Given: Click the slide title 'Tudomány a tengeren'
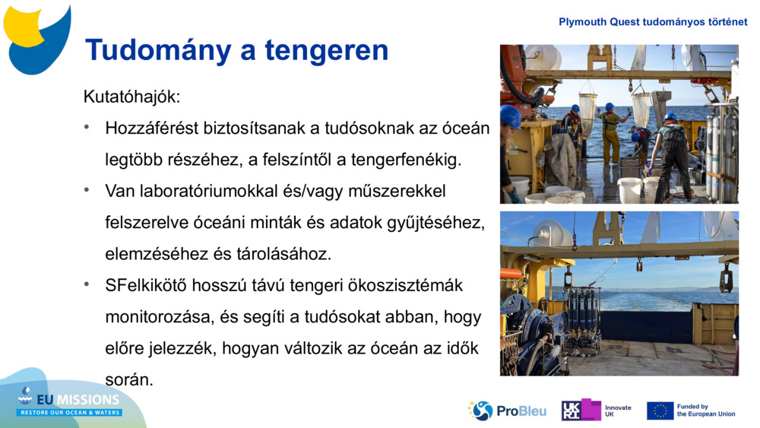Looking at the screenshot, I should pos(236,50).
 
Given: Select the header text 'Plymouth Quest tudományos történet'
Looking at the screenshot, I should pos(653,22).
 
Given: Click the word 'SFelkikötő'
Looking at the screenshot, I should pos(150,285).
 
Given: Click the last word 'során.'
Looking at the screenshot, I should pos(129,379).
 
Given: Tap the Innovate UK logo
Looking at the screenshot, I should pos(596,411).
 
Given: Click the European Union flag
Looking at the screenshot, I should pos(660,411).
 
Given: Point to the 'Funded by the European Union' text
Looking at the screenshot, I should pos(705,411).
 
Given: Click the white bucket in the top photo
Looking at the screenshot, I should pos(630,189).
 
